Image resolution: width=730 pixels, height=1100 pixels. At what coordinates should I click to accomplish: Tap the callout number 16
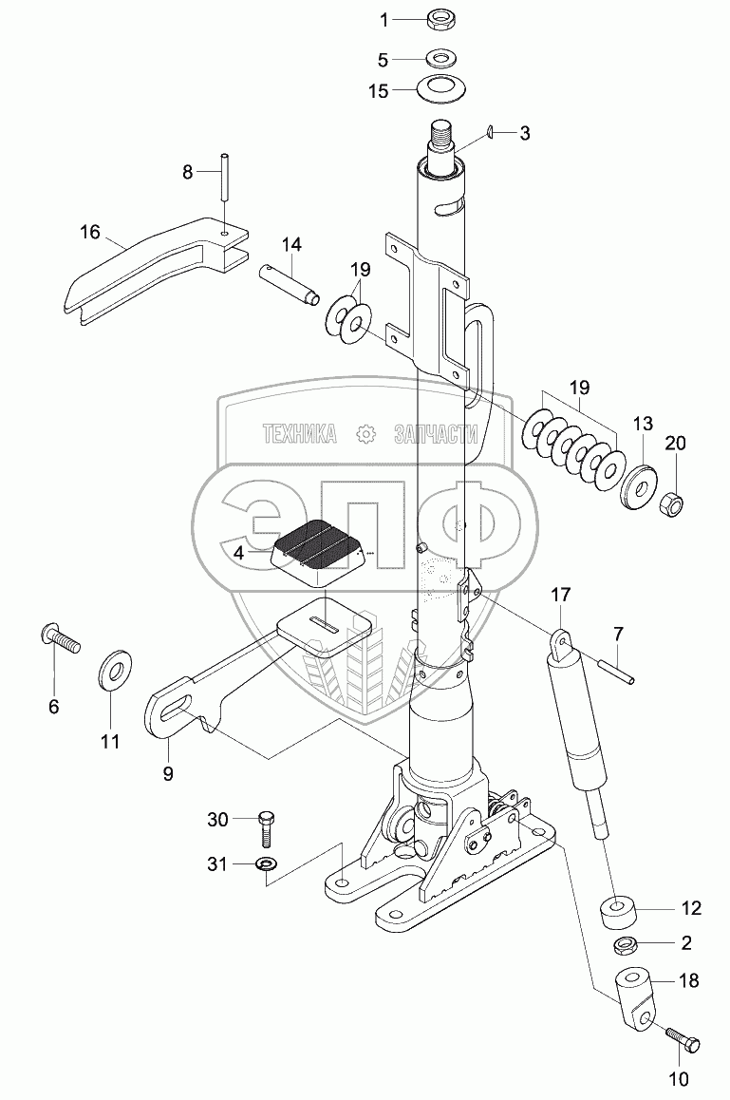pos(89,232)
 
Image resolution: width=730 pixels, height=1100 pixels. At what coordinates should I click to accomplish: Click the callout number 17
pos(562,596)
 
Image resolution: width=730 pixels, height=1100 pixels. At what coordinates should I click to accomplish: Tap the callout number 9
pos(167,773)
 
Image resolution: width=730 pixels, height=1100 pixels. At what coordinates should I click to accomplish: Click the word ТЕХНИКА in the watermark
pos(299,435)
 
